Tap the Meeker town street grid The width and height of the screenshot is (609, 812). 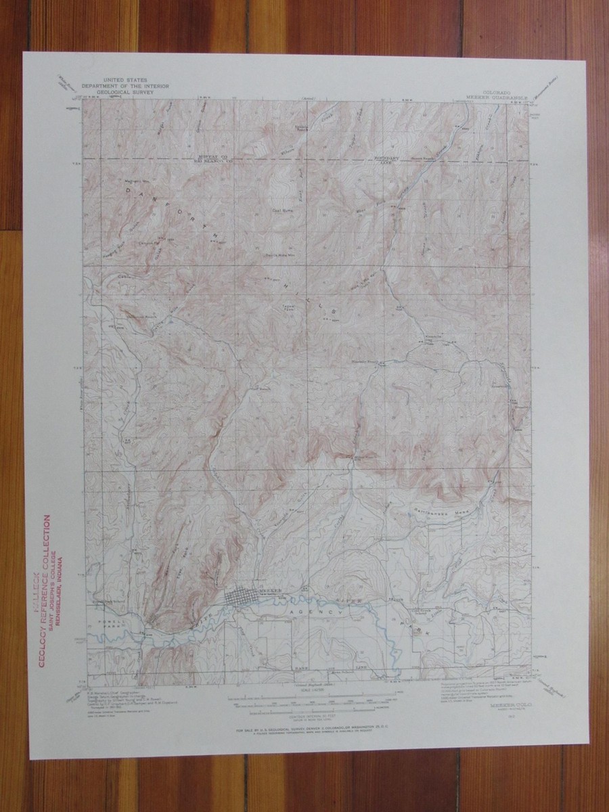240,598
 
